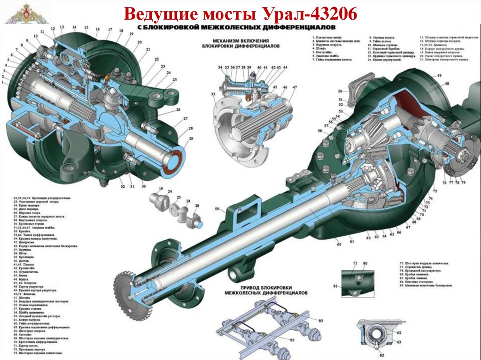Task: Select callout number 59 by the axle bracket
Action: [x=217, y=209]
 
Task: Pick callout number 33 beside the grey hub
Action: [x=213, y=95]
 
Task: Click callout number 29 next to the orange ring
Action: [x=191, y=138]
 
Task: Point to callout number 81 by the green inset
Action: [x=335, y=286]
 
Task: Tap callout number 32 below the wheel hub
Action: [x=122, y=187]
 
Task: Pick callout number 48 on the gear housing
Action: [x=446, y=84]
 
